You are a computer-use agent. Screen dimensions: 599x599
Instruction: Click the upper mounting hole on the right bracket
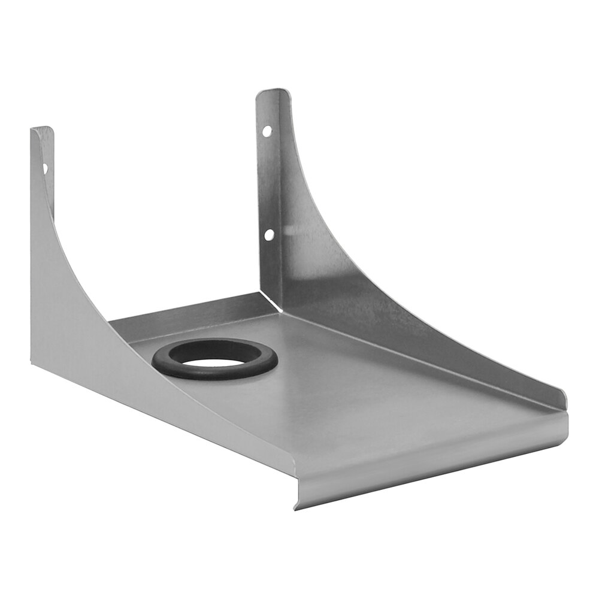click(x=267, y=129)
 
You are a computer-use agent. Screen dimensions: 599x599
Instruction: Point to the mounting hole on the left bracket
click(x=45, y=169)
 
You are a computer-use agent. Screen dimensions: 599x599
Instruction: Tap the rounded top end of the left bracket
click(x=42, y=131)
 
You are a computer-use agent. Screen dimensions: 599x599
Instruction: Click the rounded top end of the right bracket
click(x=273, y=94)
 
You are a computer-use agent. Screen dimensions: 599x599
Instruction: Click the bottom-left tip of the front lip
click(x=296, y=507)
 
